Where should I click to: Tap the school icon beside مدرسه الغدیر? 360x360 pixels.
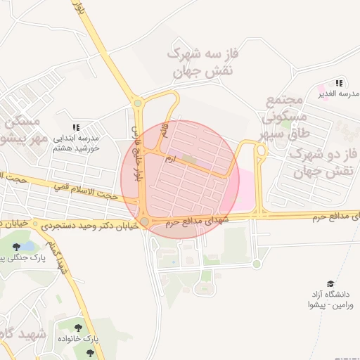coord(340,83)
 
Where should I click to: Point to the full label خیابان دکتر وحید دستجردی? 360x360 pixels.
coord(86,226)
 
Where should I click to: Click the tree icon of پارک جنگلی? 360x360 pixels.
coord(16,247)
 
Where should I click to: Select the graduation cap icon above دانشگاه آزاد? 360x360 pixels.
coord(330,283)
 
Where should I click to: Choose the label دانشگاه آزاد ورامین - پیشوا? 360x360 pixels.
coord(329,298)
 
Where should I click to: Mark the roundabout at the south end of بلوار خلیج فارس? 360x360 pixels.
coord(144,221)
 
